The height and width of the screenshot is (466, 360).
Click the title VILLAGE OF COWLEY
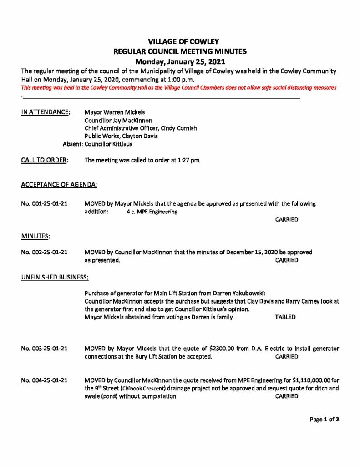pyautogui.click(x=180, y=42)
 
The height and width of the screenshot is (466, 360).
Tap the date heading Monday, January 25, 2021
pyautogui.click(x=180, y=61)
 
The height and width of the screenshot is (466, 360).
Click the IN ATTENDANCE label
pyautogui.click(x=46, y=112)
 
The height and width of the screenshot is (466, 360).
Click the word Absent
pyautogui.click(x=72, y=144)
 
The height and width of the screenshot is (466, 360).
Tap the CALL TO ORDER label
pyautogui.click(x=45, y=160)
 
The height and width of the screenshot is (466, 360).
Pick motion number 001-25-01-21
pyautogui.click(x=45, y=204)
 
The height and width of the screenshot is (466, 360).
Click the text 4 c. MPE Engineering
pyautogui.click(x=152, y=212)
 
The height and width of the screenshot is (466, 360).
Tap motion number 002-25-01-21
pyautogui.click(x=45, y=252)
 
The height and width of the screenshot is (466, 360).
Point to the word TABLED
pyautogui.click(x=285, y=317)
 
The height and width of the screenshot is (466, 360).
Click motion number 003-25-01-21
pyautogui.click(x=45, y=349)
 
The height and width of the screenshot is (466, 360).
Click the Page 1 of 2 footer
pyautogui.click(x=325, y=420)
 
